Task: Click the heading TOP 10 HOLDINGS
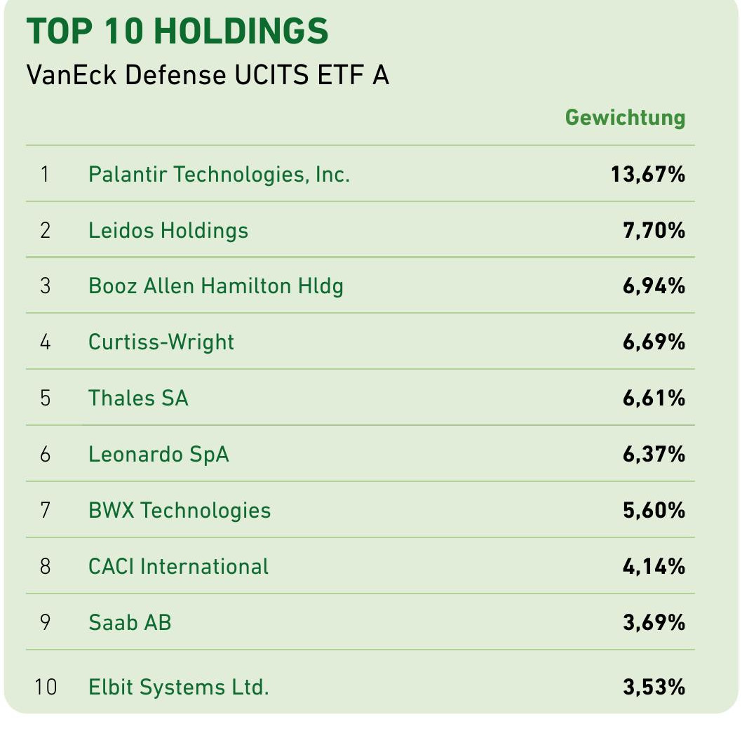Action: click(177, 32)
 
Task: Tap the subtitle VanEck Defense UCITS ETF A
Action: click(207, 75)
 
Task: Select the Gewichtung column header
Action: click(625, 117)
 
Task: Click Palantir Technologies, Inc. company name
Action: click(219, 174)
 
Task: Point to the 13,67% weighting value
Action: click(647, 174)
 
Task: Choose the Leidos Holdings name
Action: click(168, 230)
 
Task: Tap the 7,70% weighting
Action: click(653, 230)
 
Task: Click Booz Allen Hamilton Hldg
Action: click(216, 286)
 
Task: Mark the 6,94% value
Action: click(653, 286)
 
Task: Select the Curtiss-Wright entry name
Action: click(161, 342)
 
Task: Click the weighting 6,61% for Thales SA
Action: click(653, 398)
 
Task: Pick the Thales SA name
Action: click(138, 398)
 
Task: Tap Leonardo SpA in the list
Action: click(158, 455)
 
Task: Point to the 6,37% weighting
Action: click(653, 455)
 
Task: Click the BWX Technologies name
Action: click(180, 510)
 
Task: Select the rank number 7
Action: click(46, 510)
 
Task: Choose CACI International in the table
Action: click(178, 566)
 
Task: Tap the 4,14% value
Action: click(653, 566)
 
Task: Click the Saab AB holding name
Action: click(130, 622)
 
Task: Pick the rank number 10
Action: click(46, 687)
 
